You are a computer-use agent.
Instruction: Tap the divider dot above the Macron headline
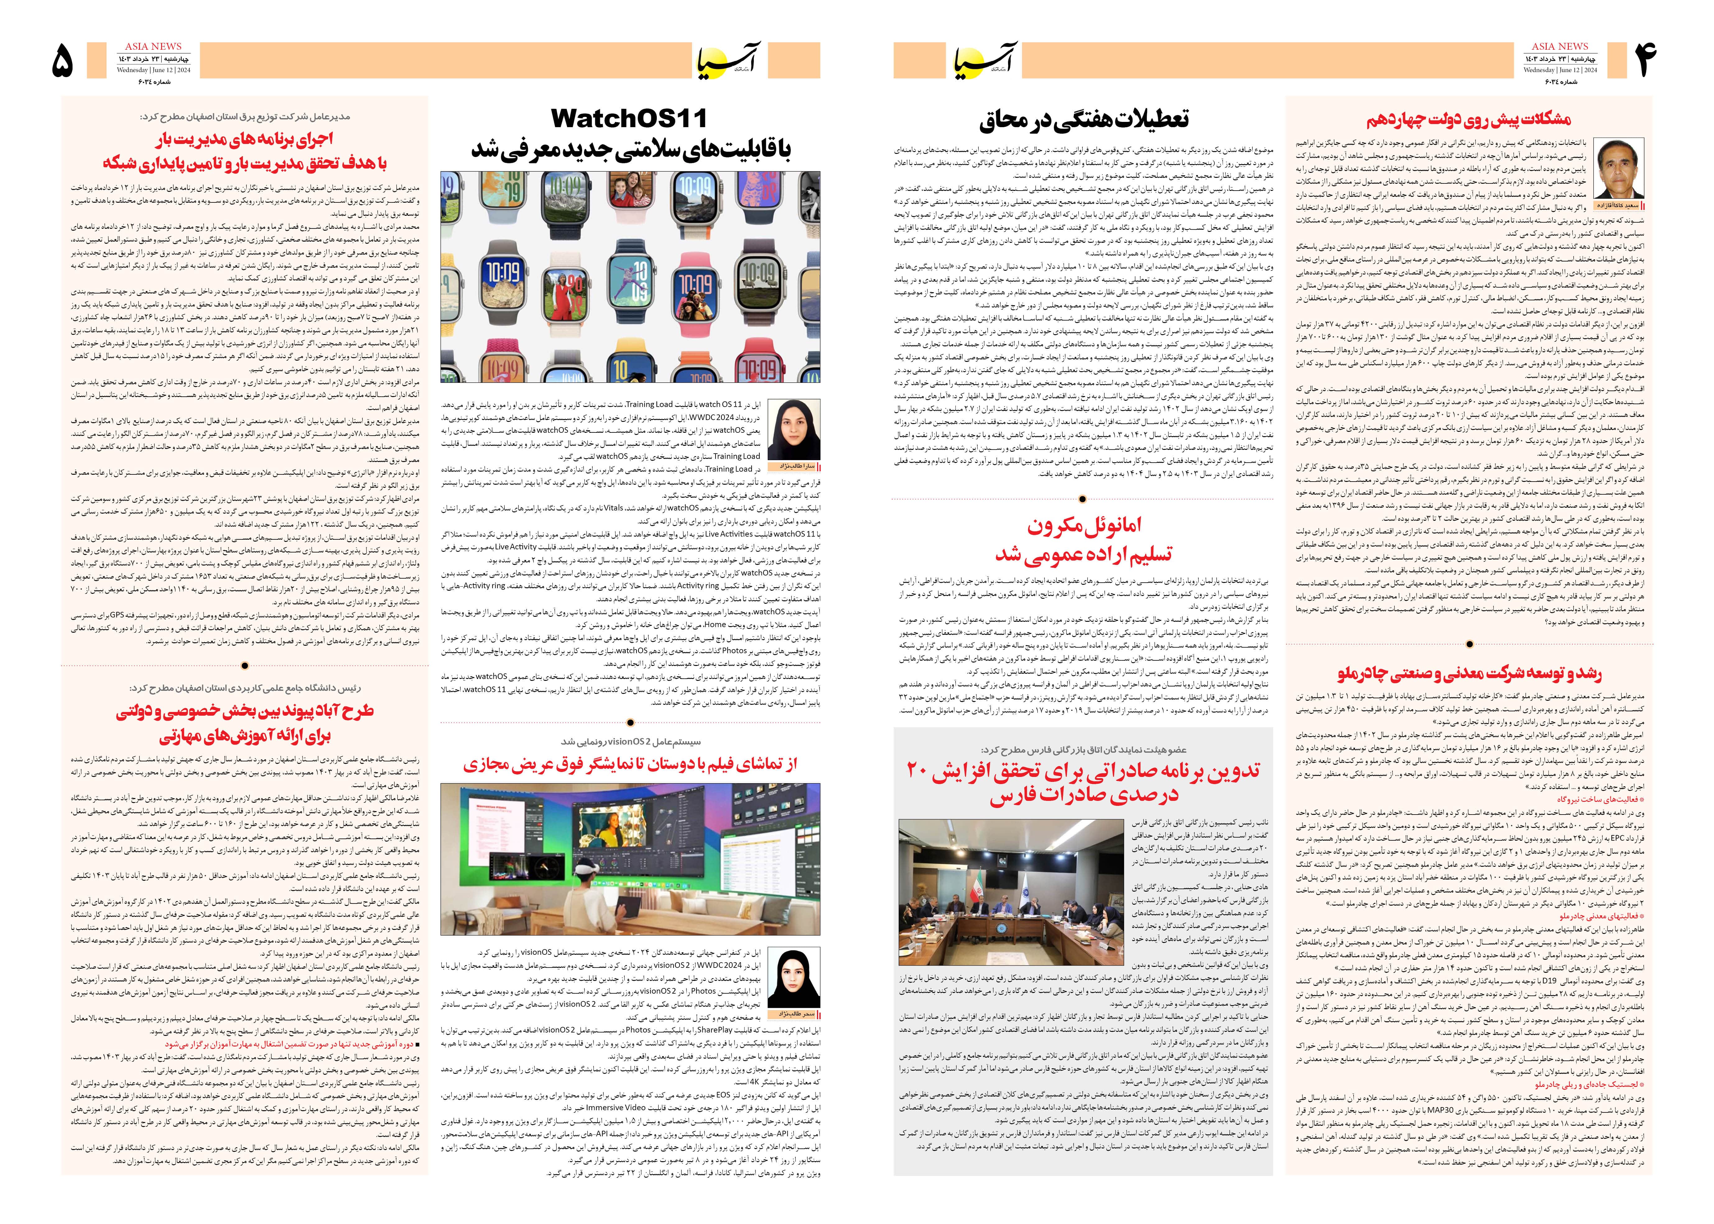coord(1082,499)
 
